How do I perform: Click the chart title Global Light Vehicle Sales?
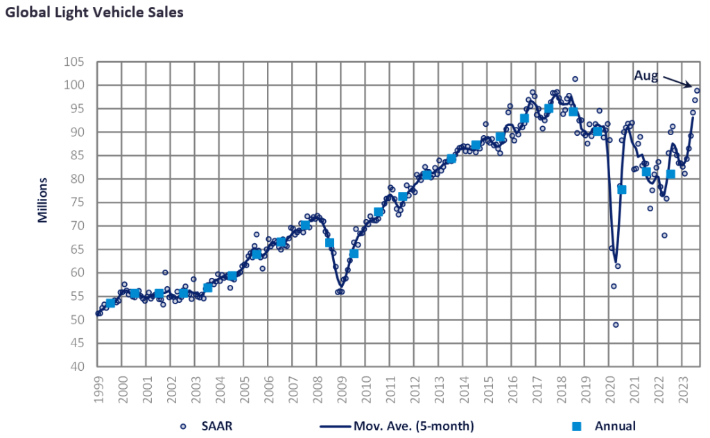[x=94, y=13]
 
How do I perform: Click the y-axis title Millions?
[x=42, y=200]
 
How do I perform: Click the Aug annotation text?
[x=646, y=76]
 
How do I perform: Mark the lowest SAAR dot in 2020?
[x=616, y=324]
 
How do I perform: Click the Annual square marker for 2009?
[x=354, y=253]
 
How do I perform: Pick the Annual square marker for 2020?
[x=622, y=189]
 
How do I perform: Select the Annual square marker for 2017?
[x=548, y=108]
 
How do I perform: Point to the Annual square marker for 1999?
[x=110, y=303]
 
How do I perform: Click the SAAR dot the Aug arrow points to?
[x=698, y=91]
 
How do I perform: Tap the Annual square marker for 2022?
[x=670, y=174]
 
